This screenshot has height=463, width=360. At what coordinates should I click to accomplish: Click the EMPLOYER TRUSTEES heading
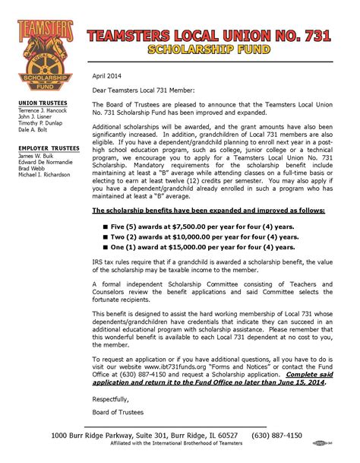click(x=49, y=148)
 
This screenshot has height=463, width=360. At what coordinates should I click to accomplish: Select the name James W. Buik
click(x=39, y=156)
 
